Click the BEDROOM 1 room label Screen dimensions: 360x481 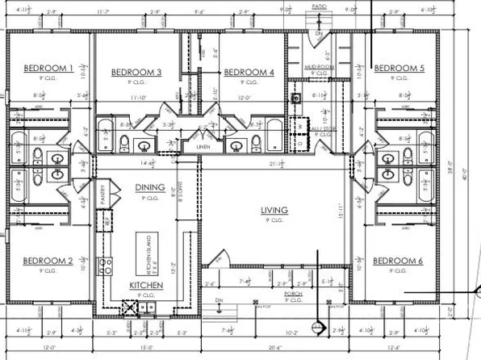(x=48, y=68)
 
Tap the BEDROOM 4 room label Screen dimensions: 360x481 (x=249, y=73)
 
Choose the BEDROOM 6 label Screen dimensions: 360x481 (x=397, y=261)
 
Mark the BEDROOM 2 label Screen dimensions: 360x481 (x=48, y=261)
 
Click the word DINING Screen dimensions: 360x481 (x=149, y=187)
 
